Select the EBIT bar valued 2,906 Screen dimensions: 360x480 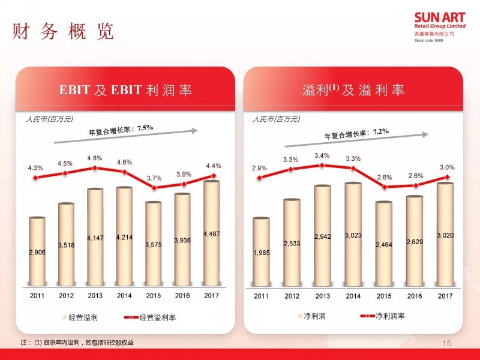(37, 252)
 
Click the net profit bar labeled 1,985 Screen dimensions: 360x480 (261, 252)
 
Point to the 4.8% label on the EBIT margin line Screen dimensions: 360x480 (95, 158)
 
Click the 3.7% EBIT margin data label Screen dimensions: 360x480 (154, 178)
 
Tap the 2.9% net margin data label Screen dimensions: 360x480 (259, 169)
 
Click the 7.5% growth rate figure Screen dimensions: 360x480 (145, 128)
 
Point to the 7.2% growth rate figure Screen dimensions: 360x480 (381, 131)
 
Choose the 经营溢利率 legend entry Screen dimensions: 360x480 (157, 317)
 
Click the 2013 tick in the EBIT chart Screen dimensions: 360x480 (95, 295)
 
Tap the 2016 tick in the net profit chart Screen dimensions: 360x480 (415, 295)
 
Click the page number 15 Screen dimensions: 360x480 (446, 343)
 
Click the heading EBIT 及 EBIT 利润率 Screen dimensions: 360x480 (125, 91)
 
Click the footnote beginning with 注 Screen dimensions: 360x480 (78, 343)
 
